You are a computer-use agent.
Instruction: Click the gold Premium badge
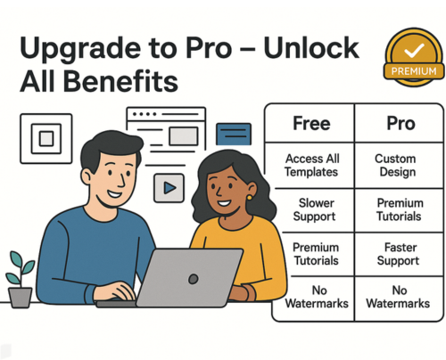(x=414, y=58)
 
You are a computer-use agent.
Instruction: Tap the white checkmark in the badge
(x=414, y=50)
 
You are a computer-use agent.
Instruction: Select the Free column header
(x=311, y=123)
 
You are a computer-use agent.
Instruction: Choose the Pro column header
(x=401, y=123)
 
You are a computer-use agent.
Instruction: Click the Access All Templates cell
(x=311, y=165)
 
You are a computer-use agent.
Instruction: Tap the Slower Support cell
(x=315, y=209)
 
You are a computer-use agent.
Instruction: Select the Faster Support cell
(x=399, y=254)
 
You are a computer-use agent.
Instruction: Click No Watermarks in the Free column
(x=317, y=297)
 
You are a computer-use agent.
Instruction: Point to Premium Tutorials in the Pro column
(x=400, y=209)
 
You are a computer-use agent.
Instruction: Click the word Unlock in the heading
(x=311, y=48)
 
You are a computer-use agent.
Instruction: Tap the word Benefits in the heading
(x=120, y=81)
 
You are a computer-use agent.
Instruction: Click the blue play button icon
(x=169, y=188)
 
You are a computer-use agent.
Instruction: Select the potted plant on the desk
(x=21, y=279)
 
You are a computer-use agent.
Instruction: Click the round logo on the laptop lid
(x=194, y=279)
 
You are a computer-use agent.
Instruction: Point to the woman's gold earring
(x=250, y=198)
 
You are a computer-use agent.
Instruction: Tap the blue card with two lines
(x=234, y=134)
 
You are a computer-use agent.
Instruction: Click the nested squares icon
(x=46, y=139)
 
